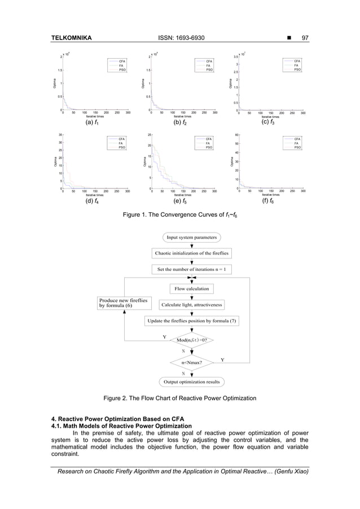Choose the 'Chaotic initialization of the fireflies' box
pos(192,253)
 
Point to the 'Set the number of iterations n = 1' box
pos(192,269)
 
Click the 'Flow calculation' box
pos(192,289)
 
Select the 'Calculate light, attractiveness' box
pos(192,305)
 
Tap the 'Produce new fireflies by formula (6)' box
pos(124,304)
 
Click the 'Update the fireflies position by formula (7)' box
pos(192,321)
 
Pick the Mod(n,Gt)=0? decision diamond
pos(192,340)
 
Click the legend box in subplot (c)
pos(291,65)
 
